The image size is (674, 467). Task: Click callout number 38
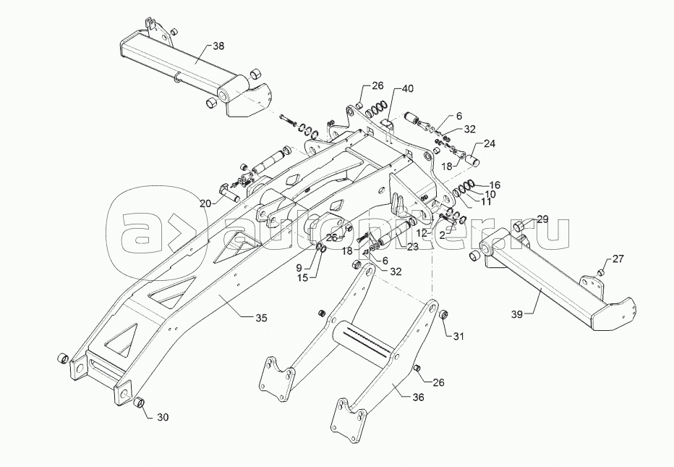pyautogui.click(x=218, y=46)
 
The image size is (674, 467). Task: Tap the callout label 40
pyautogui.click(x=408, y=89)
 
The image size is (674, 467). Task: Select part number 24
pyautogui.click(x=490, y=143)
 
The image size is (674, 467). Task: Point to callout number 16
pyautogui.click(x=494, y=185)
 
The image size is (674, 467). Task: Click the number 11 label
pyautogui.click(x=485, y=202)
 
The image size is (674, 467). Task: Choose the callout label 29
pyautogui.click(x=542, y=219)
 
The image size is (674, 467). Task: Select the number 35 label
pyautogui.click(x=261, y=318)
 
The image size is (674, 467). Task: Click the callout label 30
pyautogui.click(x=163, y=416)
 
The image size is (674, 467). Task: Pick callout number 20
pyautogui.click(x=205, y=203)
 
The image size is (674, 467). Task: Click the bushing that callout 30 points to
pyautogui.click(x=140, y=403)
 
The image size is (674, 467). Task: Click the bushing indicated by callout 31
pyautogui.click(x=444, y=315)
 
